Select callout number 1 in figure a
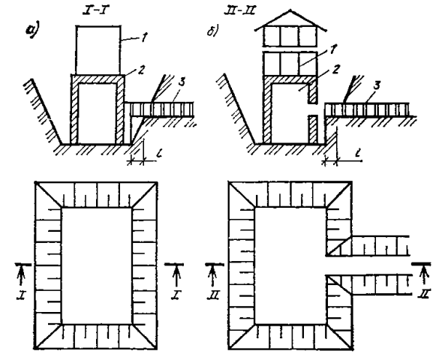coord(144,37)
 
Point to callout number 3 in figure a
coord(181,82)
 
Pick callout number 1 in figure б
coord(333,49)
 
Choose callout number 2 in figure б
coord(336,69)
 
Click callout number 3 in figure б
coord(377,85)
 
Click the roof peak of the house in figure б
coord(290,10)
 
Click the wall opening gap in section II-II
coord(313,109)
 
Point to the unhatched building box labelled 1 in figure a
coord(98,50)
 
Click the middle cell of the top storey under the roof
coord(290,36)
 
